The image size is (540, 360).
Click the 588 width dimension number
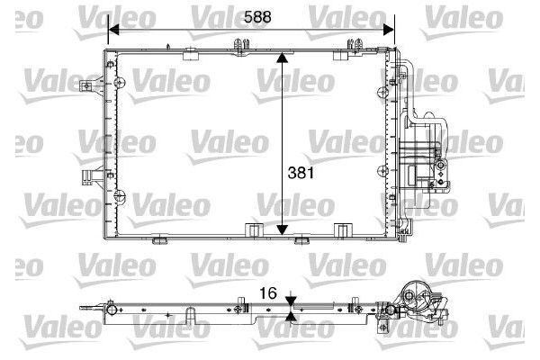(257, 17)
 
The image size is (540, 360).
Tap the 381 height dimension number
(301, 173)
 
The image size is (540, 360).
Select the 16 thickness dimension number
(268, 293)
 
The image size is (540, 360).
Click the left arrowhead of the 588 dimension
(113, 30)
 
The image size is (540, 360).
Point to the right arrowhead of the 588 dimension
(389, 30)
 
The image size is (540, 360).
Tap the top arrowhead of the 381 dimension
(282, 58)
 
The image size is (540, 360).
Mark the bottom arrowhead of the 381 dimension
(282, 229)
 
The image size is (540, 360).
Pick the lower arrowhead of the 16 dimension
(291, 317)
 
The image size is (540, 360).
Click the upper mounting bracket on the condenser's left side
(91, 85)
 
